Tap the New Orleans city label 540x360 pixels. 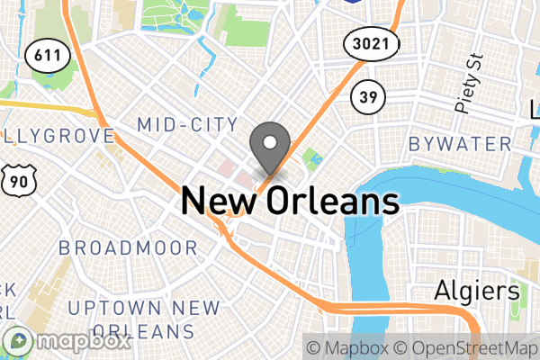[x=290, y=200]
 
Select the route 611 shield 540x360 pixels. [x=43, y=55]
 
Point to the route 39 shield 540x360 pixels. [x=368, y=96]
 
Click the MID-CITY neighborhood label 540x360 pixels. [x=187, y=124]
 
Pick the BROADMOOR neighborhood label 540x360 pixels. [x=128, y=247]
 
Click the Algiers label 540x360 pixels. [x=477, y=291]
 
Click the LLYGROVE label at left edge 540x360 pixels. [x=56, y=136]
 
